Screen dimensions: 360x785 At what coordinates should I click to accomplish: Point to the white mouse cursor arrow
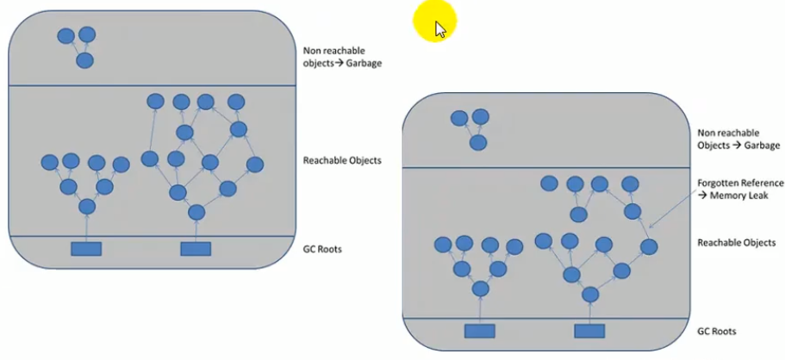click(x=440, y=30)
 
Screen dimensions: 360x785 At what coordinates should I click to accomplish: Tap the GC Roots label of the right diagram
click(x=716, y=331)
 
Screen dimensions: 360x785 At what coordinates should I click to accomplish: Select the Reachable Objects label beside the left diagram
click(x=342, y=160)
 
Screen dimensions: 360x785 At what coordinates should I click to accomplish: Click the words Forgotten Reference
click(x=739, y=183)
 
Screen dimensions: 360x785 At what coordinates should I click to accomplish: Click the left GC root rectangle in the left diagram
click(x=86, y=249)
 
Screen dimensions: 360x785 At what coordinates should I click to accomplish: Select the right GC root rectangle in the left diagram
click(x=196, y=249)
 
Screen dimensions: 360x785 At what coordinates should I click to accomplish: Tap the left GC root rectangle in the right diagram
click(x=480, y=331)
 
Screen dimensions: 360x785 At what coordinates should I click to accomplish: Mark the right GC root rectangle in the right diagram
click(x=589, y=331)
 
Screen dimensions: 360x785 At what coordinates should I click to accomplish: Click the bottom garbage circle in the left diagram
click(x=84, y=61)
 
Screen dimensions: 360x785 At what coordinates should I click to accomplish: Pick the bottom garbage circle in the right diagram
click(x=477, y=142)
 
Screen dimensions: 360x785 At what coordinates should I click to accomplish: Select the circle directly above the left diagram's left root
click(x=86, y=208)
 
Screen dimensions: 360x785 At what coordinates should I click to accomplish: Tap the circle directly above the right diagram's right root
click(x=590, y=295)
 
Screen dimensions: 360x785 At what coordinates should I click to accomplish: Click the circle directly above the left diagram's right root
click(x=196, y=212)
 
